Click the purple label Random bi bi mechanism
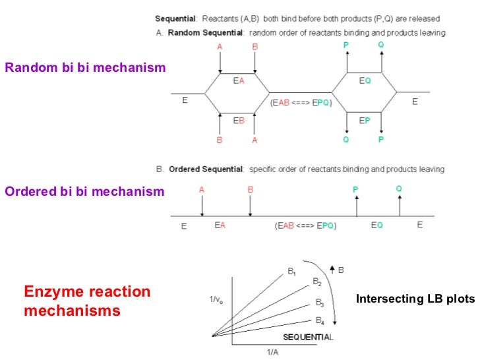tap(84, 67)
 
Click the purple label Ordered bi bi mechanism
tap(83, 192)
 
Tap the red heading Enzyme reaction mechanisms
tap(87, 301)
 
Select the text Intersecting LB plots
tap(415, 299)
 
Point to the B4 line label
tap(319, 321)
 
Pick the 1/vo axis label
tap(216, 300)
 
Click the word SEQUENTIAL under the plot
tap(307, 337)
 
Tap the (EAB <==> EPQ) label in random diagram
tap(301, 102)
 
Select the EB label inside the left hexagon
tap(239, 120)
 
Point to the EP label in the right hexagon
tap(364, 120)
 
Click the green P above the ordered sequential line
tap(355, 190)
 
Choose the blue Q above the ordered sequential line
tap(399, 189)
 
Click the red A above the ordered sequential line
tap(202, 189)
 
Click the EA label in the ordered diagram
tap(221, 225)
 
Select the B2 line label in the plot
tap(317, 282)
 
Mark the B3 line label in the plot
tap(319, 303)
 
